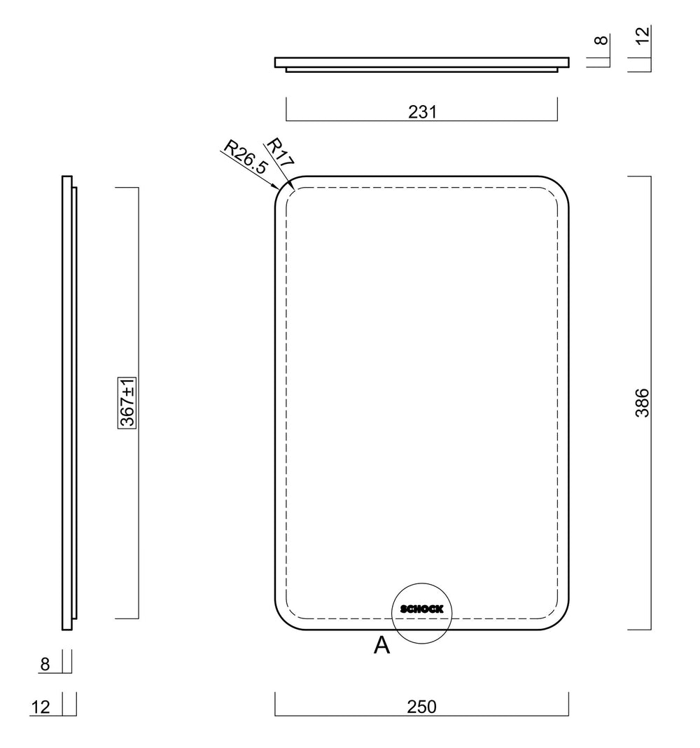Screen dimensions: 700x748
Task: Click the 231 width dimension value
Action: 422,111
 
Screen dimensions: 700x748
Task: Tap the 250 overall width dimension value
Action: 421,707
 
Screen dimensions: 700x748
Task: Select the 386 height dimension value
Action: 643,403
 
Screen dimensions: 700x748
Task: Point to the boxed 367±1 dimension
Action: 127,403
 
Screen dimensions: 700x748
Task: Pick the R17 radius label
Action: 280,152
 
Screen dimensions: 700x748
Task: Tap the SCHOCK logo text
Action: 421,609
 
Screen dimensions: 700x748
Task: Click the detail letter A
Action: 382,646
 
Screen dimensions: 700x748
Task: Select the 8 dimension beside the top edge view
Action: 602,40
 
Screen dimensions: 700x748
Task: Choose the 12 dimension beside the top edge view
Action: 643,35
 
